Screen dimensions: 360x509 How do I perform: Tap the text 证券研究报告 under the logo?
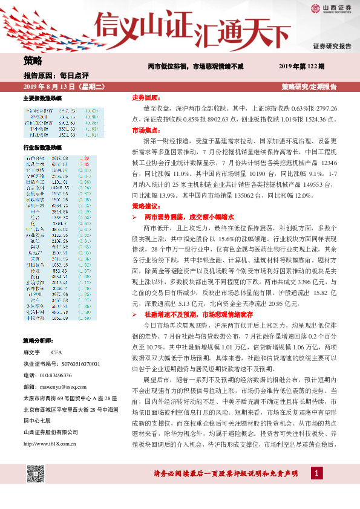[x=332, y=46]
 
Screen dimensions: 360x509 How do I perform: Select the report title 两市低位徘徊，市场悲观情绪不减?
[x=196, y=66]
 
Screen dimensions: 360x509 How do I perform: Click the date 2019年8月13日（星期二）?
[x=59, y=87]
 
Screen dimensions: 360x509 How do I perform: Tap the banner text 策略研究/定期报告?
[x=309, y=87]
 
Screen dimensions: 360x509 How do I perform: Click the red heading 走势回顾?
[x=145, y=97]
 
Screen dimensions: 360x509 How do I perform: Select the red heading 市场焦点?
[x=145, y=130]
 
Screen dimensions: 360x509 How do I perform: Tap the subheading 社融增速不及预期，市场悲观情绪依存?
[x=197, y=314]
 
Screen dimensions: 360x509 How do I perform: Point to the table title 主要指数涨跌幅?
[x=42, y=98]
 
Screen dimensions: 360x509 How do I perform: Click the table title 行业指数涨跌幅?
[x=42, y=147]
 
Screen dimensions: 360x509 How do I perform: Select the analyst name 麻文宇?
[x=31, y=352]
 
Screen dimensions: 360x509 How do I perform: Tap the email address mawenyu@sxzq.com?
[x=65, y=386]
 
